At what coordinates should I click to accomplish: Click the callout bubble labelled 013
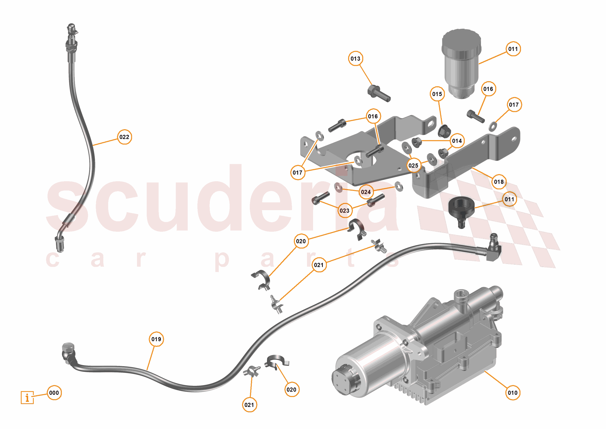tap(355, 58)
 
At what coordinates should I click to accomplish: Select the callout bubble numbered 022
tap(124, 137)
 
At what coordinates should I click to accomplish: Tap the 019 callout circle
tap(156, 339)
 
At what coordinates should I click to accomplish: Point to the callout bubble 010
tap(513, 393)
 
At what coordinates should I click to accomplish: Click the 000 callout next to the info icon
tap(54, 393)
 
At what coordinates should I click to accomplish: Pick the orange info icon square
tap(27, 397)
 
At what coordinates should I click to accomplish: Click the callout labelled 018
tap(499, 182)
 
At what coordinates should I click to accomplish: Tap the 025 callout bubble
tap(413, 165)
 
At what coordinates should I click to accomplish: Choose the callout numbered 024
tap(366, 192)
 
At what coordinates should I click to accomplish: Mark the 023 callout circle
tap(344, 211)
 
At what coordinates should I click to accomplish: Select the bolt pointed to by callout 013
tap(379, 93)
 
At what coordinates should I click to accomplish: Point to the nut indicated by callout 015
tap(444, 131)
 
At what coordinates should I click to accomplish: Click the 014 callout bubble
tap(457, 141)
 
